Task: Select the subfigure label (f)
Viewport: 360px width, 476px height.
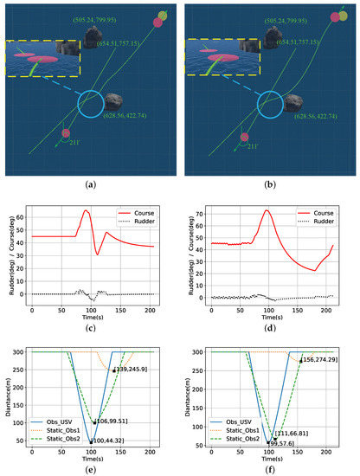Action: pos(272,470)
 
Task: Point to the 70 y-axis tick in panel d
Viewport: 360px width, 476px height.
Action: pos(203,211)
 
